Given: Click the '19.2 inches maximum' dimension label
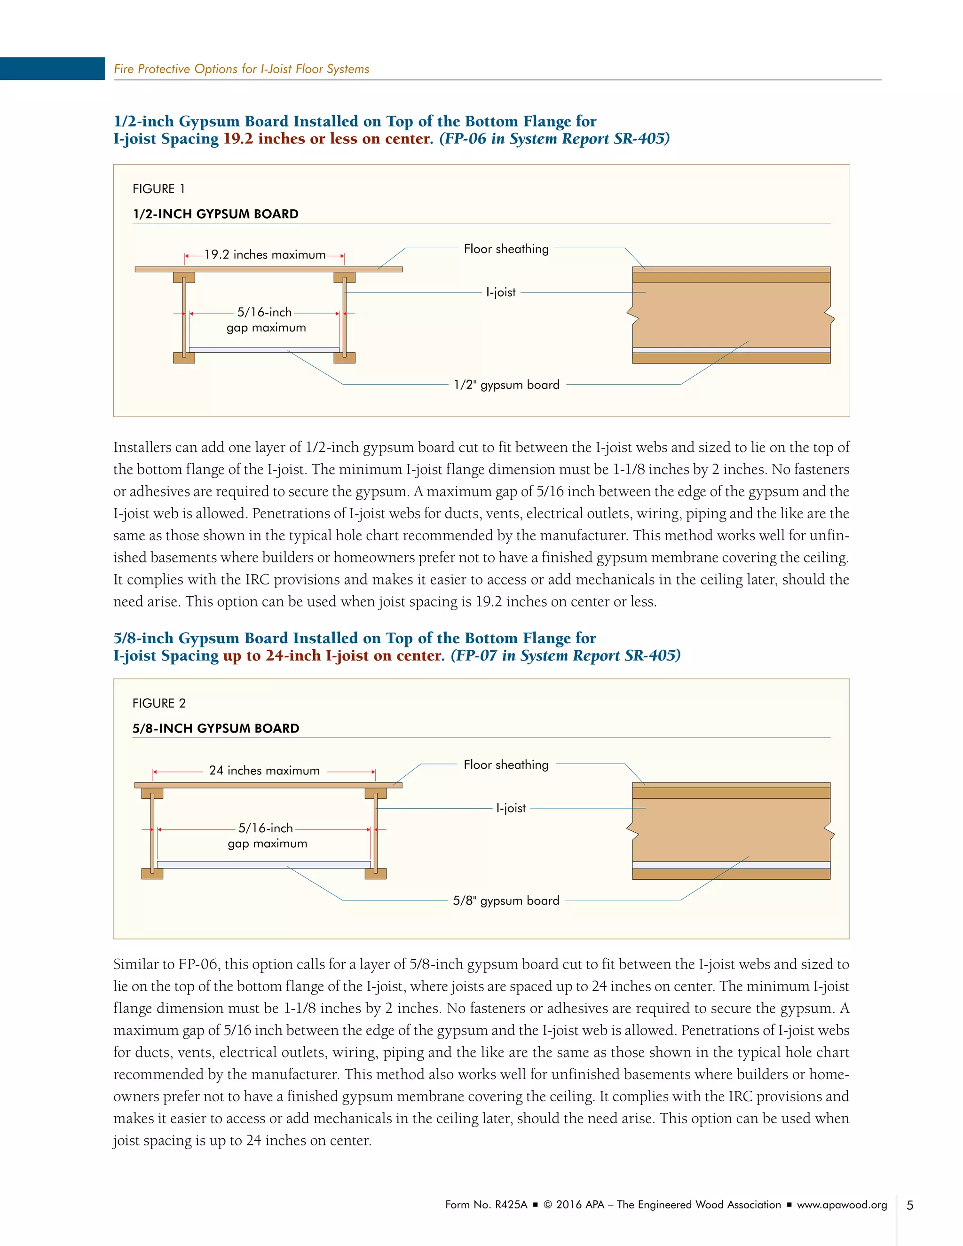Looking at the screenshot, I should click(265, 254).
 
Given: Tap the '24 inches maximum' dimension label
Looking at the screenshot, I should click(264, 770).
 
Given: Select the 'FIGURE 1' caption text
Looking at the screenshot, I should click(158, 189).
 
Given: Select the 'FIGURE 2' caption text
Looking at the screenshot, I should click(158, 703).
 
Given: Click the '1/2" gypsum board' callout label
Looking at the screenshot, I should click(506, 385).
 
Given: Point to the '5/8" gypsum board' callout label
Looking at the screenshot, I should click(506, 900).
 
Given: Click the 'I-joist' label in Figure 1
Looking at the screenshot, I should click(500, 292).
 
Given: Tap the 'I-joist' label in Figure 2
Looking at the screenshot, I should click(511, 808).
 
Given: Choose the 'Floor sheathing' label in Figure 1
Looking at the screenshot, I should click(506, 249).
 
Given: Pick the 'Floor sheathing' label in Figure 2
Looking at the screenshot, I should click(506, 765).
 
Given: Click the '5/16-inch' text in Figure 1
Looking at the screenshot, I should click(264, 312).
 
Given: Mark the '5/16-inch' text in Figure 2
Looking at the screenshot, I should click(265, 828).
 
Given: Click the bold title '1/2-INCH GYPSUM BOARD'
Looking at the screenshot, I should click(216, 214).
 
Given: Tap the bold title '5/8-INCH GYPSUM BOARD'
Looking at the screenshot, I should click(216, 728).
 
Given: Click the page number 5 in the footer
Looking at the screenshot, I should click(910, 1205).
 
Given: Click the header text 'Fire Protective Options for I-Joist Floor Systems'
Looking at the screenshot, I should click(241, 69).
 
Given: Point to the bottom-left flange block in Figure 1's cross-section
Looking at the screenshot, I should click(184, 358).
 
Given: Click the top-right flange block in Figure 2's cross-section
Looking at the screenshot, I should click(375, 794).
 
